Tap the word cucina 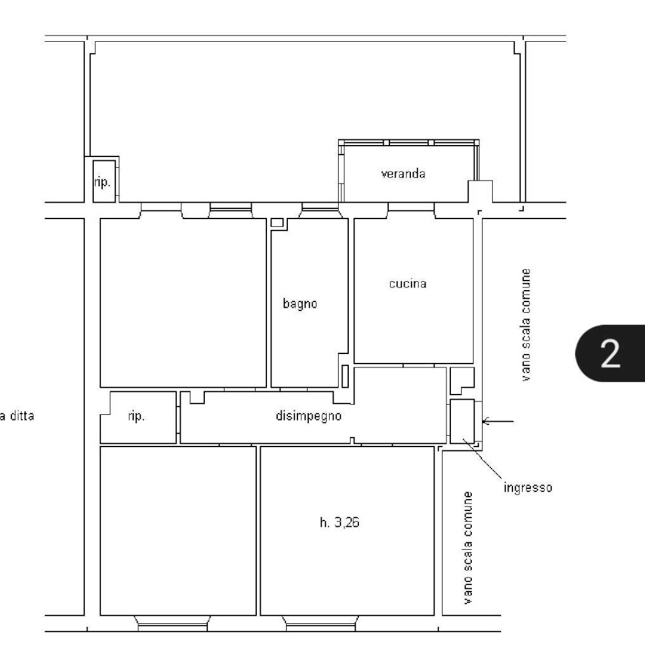point(407,284)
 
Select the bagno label point(299,303)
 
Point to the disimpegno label point(309,416)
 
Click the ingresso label point(528,488)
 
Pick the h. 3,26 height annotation point(339,523)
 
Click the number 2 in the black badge point(610,354)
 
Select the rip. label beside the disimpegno point(136,417)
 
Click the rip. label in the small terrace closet point(103,182)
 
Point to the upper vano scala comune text point(526,325)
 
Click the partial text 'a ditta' point(18,417)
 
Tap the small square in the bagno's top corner point(277,222)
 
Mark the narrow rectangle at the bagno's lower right point(345,376)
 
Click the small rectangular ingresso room point(462,421)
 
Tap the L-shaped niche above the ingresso point(460,379)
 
